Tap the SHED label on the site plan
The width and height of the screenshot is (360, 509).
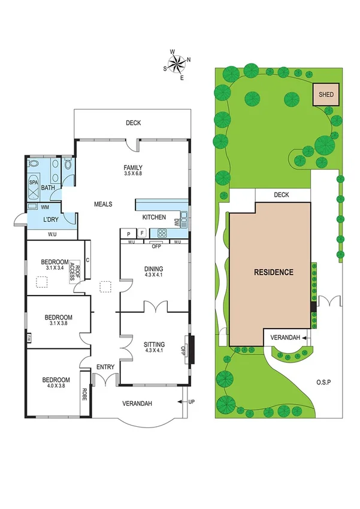[x=326, y=95]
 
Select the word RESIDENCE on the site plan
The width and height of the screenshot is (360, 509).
[x=273, y=272]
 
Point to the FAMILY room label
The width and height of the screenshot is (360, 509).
[x=133, y=167]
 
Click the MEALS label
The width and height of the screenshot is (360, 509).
[x=103, y=204]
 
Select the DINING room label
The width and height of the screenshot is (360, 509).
[x=153, y=269]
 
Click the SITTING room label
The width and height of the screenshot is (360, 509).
[x=154, y=344]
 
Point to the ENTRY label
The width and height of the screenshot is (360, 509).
[x=105, y=367]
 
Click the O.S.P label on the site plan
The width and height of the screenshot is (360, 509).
[x=325, y=382]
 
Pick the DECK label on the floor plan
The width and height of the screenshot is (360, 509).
[x=133, y=123]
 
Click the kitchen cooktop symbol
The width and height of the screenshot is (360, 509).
[x=162, y=233]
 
